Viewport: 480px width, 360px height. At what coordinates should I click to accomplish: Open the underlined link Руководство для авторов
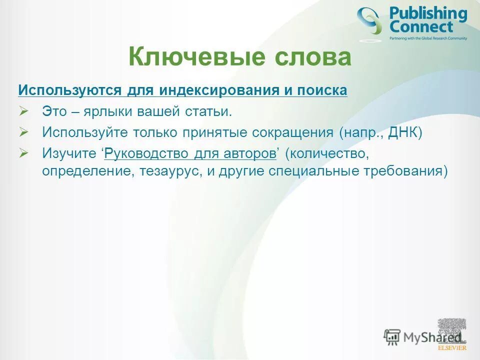190,154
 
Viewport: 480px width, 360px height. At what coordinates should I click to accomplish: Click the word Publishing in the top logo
427,14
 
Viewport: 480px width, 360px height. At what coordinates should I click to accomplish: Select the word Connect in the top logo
421,27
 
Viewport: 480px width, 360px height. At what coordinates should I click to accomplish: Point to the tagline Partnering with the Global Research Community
428,38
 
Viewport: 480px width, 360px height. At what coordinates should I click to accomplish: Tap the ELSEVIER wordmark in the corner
452,347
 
